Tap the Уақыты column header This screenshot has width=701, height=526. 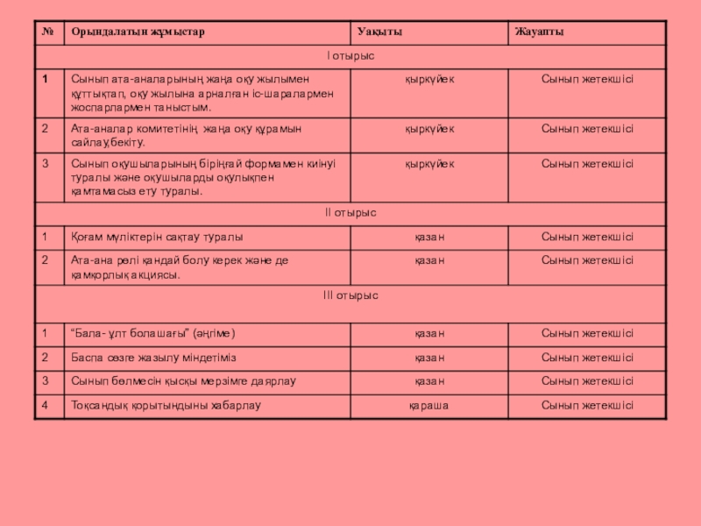(379, 32)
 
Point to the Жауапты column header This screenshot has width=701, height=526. (538, 32)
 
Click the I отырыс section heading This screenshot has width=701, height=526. (350, 56)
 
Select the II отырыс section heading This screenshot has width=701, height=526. (350, 213)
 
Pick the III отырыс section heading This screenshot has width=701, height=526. (350, 295)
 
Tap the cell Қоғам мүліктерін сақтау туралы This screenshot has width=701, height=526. (157, 237)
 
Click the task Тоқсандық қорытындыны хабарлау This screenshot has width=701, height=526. (166, 405)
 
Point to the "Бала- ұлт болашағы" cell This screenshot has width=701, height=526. (152, 334)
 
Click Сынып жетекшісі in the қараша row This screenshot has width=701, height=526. (587, 405)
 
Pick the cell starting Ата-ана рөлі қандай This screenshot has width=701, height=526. (180, 267)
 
